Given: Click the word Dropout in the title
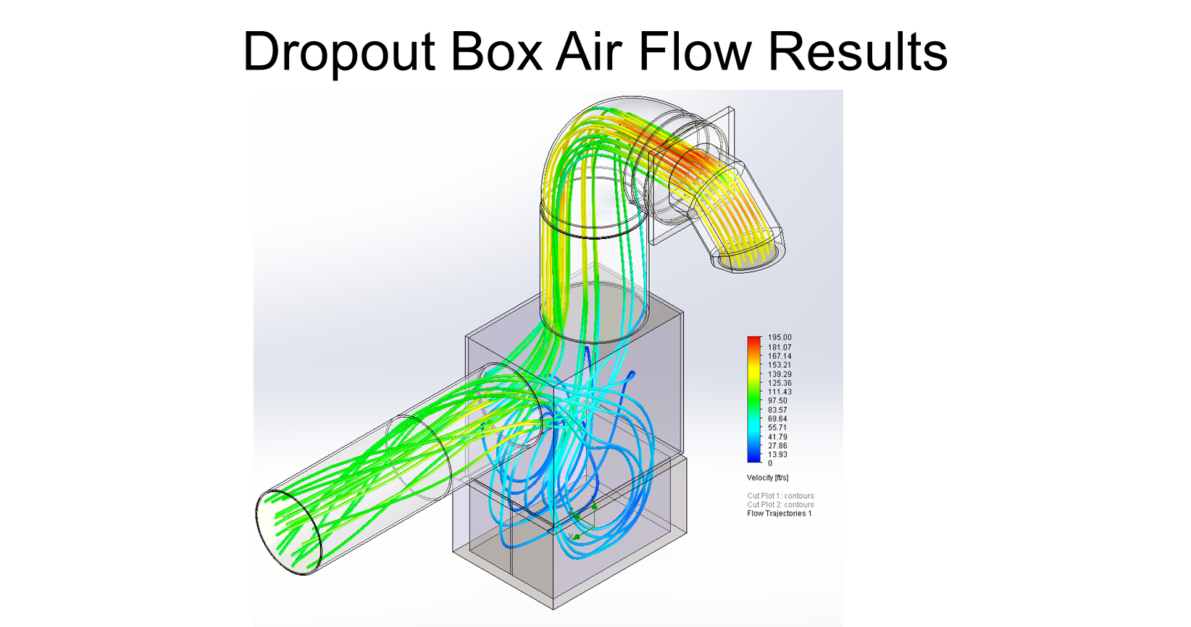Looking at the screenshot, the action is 339,52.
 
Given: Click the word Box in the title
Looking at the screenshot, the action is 496,51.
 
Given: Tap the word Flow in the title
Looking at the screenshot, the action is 695,51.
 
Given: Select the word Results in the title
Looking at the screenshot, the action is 858,51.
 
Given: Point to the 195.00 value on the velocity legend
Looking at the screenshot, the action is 780,337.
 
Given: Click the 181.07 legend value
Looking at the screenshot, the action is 780,347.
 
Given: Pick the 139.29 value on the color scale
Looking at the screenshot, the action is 780,374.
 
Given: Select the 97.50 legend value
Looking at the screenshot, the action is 777,400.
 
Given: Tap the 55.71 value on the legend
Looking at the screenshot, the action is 777,428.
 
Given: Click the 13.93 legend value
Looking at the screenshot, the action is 777,454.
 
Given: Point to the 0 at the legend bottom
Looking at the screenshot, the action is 770,463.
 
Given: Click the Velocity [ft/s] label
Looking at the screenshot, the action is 767,478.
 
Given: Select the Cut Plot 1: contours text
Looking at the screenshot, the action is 780,496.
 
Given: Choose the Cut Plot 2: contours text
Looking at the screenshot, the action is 780,505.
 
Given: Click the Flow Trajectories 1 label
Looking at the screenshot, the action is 779,513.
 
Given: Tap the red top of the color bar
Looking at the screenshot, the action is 754,340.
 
